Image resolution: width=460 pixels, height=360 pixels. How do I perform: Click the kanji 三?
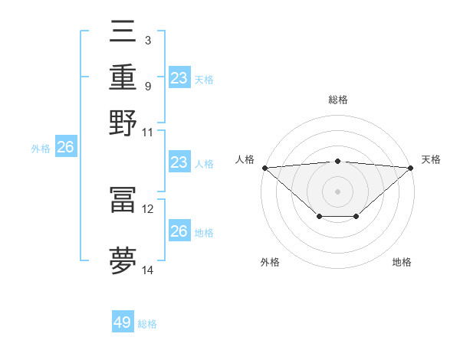(123, 31)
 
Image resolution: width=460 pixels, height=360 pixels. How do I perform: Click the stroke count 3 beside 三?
(148, 39)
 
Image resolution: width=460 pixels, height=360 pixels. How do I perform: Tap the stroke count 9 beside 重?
(148, 85)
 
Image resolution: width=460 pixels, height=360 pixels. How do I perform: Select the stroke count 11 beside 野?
(148, 132)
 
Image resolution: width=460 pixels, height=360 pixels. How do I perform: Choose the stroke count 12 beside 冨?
(148, 208)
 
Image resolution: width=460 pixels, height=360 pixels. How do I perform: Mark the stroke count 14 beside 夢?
(148, 270)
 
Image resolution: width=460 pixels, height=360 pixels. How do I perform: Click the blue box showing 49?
(123, 322)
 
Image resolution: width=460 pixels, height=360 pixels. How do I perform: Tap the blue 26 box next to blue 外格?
(66, 148)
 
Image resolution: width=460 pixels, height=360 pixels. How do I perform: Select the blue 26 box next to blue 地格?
(179, 231)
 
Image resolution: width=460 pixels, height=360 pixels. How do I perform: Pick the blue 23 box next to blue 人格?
(179, 162)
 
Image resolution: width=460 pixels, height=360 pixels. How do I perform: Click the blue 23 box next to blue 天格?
(179, 77)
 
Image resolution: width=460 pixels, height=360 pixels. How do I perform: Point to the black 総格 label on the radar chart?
(338, 100)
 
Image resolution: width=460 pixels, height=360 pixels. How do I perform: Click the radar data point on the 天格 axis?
(412, 167)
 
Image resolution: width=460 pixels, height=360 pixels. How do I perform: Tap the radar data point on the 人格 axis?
(264, 167)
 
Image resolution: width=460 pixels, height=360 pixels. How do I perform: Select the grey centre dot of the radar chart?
(338, 191)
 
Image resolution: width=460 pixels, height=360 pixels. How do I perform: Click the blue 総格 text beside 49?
(148, 324)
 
